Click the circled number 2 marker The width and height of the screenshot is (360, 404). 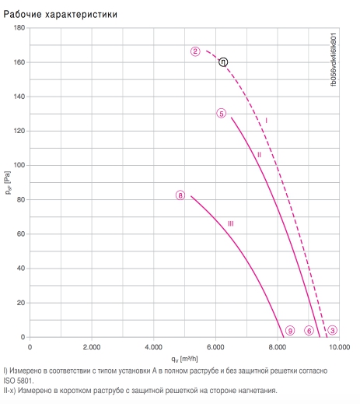pyautogui.click(x=195, y=51)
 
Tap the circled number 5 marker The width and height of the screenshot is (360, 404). pyautogui.click(x=222, y=114)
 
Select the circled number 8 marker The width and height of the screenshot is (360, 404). pyautogui.click(x=180, y=195)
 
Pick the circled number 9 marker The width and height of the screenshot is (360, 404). pyautogui.click(x=290, y=330)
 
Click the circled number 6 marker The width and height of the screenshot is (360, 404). pyautogui.click(x=309, y=331)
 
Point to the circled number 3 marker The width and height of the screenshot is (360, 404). pyautogui.click(x=333, y=330)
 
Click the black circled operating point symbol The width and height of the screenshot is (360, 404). pyautogui.click(x=223, y=62)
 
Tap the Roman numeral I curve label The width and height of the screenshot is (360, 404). pyautogui.click(x=266, y=121)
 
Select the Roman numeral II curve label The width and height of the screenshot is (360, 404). pyautogui.click(x=259, y=155)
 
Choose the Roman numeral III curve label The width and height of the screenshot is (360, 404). pyautogui.click(x=231, y=223)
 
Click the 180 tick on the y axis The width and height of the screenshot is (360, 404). pyautogui.click(x=19, y=27)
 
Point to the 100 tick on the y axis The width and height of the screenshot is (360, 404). pyautogui.click(x=19, y=165)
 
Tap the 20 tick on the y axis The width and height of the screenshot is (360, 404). pyautogui.click(x=21, y=303)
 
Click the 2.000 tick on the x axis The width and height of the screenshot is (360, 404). pyautogui.click(x=92, y=347)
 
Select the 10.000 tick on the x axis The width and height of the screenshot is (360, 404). pyautogui.click(x=340, y=347)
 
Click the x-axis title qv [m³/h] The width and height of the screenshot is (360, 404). pyautogui.click(x=184, y=359)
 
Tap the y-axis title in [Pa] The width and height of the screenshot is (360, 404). pyautogui.click(x=8, y=183)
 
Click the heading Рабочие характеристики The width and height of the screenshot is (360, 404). pyautogui.click(x=61, y=14)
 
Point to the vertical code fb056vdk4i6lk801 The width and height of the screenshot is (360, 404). pyautogui.click(x=334, y=59)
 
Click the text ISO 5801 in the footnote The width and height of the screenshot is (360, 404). pyautogui.click(x=19, y=381)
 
